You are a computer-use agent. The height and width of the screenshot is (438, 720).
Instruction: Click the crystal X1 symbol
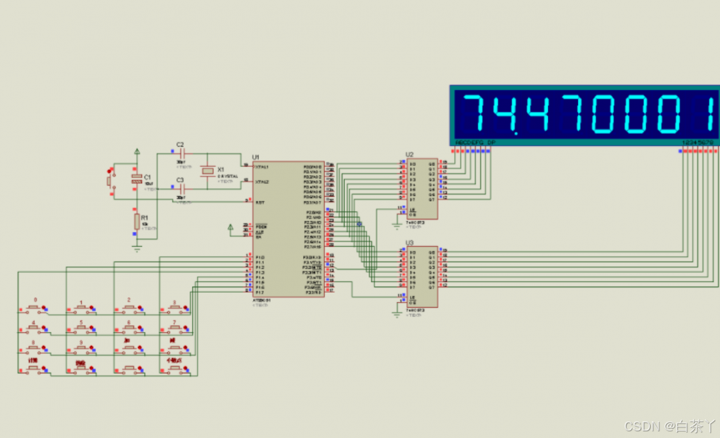(x=209, y=171)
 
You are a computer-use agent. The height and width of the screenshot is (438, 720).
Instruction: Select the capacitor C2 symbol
(x=181, y=154)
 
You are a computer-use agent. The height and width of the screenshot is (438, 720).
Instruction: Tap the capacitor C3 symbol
(x=181, y=189)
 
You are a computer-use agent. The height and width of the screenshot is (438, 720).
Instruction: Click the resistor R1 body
(x=137, y=221)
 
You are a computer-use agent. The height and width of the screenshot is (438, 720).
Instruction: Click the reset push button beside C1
(x=109, y=180)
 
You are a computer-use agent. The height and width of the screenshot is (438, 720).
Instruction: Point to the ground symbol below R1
(x=137, y=247)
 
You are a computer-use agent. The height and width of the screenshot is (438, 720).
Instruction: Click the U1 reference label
(x=255, y=157)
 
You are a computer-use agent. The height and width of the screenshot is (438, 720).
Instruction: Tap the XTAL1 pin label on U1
(x=261, y=167)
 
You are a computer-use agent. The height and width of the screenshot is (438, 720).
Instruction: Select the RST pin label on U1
(x=259, y=201)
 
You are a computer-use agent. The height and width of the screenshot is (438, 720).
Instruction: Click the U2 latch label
(x=409, y=155)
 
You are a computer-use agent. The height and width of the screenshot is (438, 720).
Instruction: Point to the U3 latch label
(x=409, y=243)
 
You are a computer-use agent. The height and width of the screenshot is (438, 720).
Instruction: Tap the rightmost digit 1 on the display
(x=711, y=113)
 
